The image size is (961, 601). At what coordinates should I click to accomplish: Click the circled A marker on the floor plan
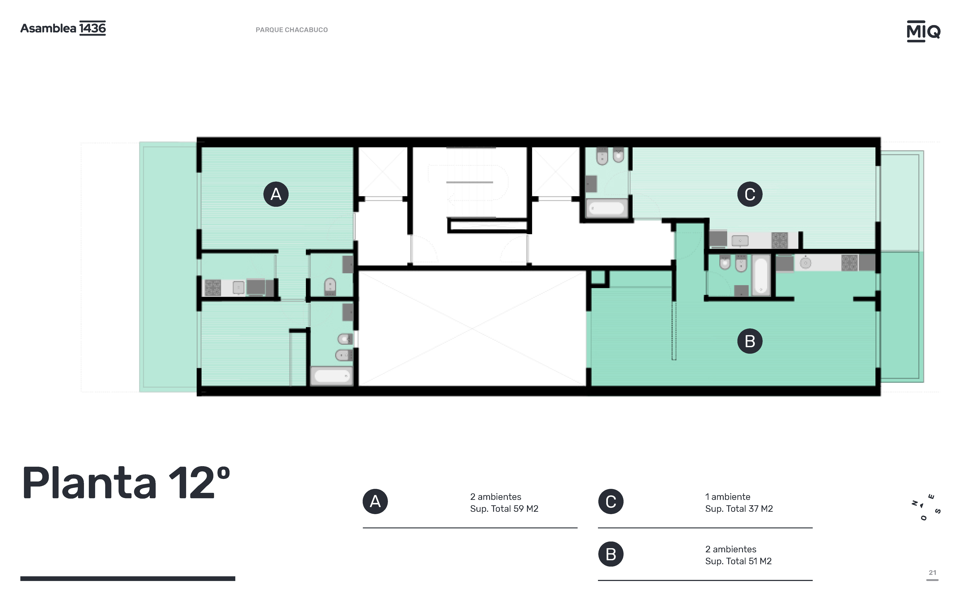coord(276,194)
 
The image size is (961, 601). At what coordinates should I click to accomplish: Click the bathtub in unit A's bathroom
coord(332,376)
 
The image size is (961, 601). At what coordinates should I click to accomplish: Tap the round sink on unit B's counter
coord(805,263)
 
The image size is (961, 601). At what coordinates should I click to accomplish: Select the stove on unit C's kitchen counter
coord(779,240)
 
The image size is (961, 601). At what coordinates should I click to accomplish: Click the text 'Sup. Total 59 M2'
coord(504,509)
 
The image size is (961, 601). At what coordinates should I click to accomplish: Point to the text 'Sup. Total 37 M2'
coord(739,509)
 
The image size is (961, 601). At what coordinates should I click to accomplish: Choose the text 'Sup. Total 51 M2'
coord(738,561)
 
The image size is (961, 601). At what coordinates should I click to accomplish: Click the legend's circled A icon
coord(375,502)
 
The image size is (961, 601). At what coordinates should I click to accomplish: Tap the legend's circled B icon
coord(611,554)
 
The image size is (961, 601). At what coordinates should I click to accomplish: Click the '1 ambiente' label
coord(728,497)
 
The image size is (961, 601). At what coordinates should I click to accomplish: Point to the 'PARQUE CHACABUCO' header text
coord(292,30)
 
